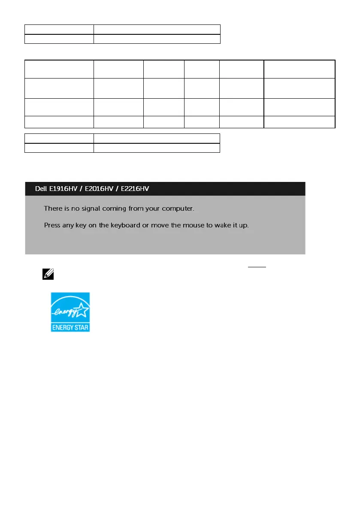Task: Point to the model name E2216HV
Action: point(135,189)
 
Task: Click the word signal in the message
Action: point(88,209)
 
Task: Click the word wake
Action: point(219,225)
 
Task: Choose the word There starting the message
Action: point(54,209)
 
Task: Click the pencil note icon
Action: point(47,273)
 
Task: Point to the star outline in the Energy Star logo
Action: point(81,308)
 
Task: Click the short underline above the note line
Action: point(257,266)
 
